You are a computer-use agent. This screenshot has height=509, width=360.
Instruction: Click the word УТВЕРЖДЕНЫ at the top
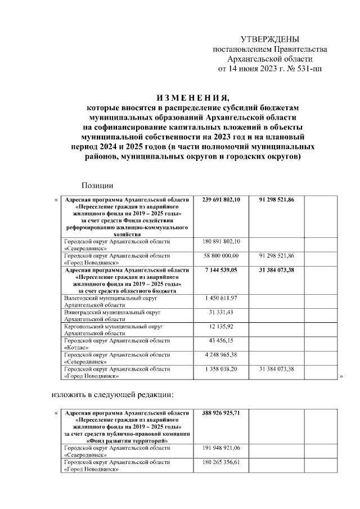click(x=269, y=39)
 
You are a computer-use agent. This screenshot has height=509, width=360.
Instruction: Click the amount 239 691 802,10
click(x=220, y=200)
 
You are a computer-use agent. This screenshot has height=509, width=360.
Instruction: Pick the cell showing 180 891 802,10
click(x=220, y=241)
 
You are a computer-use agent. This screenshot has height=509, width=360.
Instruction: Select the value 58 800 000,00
click(x=220, y=256)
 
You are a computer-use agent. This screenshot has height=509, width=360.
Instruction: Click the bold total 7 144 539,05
click(x=220, y=271)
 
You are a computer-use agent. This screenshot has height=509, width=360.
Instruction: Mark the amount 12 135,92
click(x=220, y=326)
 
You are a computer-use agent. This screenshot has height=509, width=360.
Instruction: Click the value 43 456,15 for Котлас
click(x=220, y=341)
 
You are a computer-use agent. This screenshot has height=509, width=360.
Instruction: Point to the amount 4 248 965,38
click(x=220, y=355)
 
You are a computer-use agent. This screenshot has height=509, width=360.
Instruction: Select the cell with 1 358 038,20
click(x=220, y=369)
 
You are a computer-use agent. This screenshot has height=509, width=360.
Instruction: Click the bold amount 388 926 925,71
click(x=220, y=413)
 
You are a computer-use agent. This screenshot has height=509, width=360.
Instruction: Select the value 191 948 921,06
click(x=220, y=448)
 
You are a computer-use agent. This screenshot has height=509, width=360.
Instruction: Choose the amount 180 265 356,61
click(x=220, y=462)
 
